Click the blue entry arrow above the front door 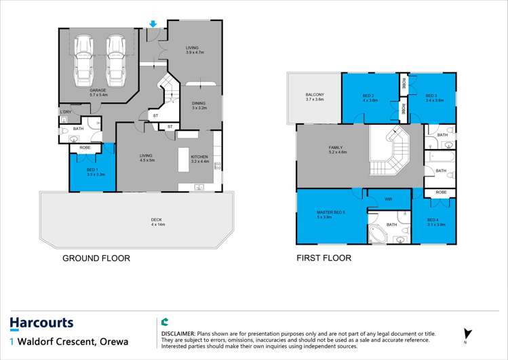pyautogui.click(x=154, y=24)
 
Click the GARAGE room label pyautogui.click(x=98, y=89)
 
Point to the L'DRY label pyautogui.click(x=65, y=112)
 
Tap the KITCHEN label pyautogui.click(x=199, y=157)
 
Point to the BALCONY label pyautogui.click(x=314, y=95)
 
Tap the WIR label pyautogui.click(x=388, y=199)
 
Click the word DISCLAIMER pyautogui.click(x=178, y=334)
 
